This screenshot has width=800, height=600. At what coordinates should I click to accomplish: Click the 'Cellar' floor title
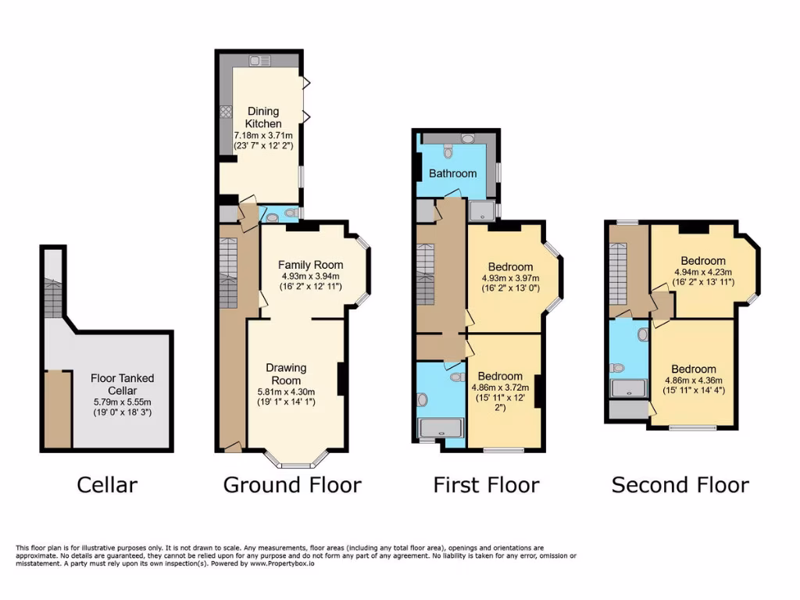107,485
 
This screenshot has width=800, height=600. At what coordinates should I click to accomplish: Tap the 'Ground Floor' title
292,485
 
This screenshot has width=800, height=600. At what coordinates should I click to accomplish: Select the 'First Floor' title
486,485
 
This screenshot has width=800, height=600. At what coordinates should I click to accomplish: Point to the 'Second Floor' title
680,485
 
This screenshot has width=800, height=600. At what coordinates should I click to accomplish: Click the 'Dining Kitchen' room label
263,117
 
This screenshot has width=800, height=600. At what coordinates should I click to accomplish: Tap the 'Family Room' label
310,265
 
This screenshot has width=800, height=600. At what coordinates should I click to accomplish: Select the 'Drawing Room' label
286,374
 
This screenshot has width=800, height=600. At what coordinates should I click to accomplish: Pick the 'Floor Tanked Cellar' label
122,384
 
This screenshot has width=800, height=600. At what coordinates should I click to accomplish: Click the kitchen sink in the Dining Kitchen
259,61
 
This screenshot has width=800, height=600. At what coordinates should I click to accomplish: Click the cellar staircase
53,297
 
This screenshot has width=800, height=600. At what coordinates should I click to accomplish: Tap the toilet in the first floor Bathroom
448,151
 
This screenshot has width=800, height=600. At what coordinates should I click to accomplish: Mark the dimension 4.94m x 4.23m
703,273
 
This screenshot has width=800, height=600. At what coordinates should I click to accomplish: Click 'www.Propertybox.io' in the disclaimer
280,563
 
